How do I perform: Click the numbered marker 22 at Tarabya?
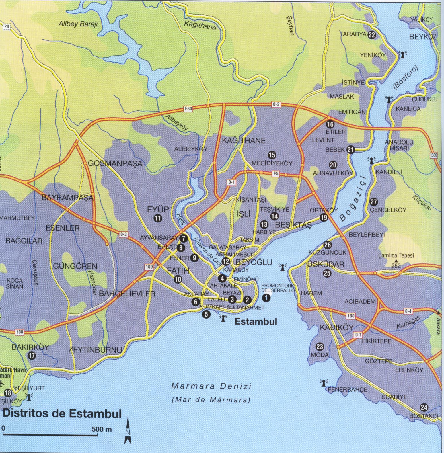point(372,35)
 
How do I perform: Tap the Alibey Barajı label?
point(78,24)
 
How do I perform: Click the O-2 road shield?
point(276,104)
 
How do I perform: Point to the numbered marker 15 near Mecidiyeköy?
point(272,155)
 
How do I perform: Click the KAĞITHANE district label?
point(244,141)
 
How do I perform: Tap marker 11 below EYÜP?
point(158,218)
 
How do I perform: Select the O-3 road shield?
point(124,235)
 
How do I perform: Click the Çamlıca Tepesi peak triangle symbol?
point(396,261)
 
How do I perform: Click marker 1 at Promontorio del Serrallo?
point(266,298)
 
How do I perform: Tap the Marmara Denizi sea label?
point(211,386)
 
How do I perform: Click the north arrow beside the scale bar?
point(128,430)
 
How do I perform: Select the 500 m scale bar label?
point(102,429)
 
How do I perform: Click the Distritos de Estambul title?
point(62,414)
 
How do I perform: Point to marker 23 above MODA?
point(320,347)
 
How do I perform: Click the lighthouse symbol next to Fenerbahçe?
point(324,382)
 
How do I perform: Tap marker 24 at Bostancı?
point(424,407)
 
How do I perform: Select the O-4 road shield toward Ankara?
point(408,311)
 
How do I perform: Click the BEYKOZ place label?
point(422,37)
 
